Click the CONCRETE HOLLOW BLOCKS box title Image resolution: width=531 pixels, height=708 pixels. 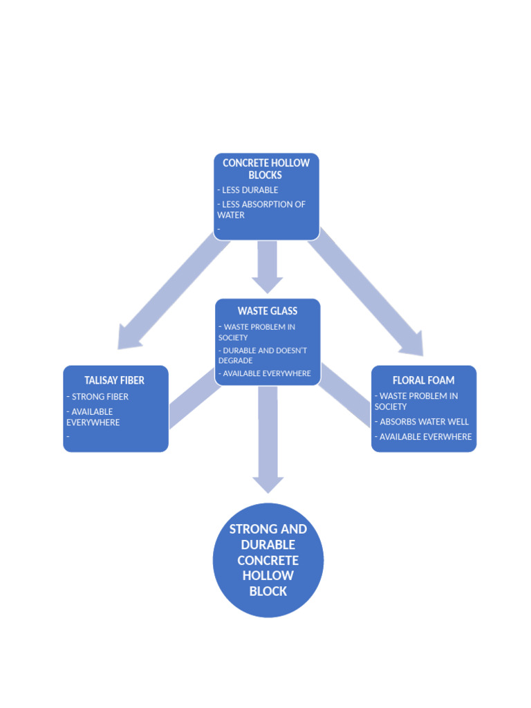[266, 169]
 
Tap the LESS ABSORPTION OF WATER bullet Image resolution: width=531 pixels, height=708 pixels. [261, 209]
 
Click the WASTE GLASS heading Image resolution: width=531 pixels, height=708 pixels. [268, 311]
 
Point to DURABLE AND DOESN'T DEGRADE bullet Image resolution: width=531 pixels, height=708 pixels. [263, 355]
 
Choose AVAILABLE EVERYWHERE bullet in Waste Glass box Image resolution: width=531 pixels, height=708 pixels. [265, 373]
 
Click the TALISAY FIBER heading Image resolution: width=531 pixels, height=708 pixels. [115, 380]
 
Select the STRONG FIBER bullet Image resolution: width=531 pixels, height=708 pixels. [97, 397]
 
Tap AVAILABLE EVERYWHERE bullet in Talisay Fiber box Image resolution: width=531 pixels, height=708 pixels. [93, 417]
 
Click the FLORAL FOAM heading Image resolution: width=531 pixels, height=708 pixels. [423, 380]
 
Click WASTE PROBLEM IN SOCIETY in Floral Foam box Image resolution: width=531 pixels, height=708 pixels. [416, 401]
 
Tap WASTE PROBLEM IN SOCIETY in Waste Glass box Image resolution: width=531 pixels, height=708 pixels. [257, 332]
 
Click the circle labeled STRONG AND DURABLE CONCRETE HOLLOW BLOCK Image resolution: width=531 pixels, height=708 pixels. [268, 560]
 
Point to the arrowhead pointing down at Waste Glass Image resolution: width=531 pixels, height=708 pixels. [268, 283]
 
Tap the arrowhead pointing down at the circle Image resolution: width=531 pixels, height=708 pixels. [268, 483]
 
